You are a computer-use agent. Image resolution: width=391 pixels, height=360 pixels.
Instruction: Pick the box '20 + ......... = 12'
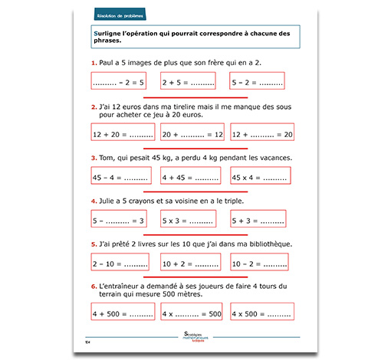click(x=192, y=134)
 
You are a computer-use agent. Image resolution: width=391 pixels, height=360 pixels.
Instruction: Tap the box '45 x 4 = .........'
click(x=261, y=178)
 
